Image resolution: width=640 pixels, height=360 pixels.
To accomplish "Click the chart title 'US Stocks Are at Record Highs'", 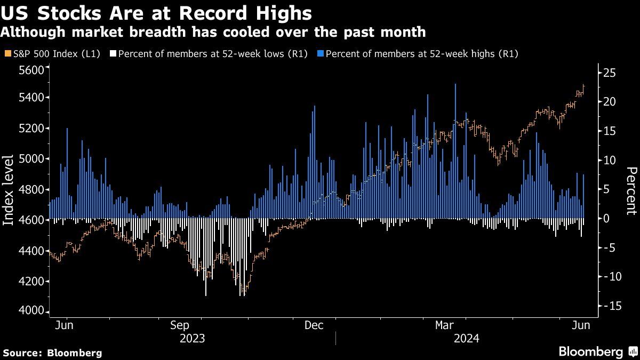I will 157,12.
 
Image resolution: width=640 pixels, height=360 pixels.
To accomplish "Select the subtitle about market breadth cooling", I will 213,32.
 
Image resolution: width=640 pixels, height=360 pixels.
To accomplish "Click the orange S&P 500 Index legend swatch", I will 6,53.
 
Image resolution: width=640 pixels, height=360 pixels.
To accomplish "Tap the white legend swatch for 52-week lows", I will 113,53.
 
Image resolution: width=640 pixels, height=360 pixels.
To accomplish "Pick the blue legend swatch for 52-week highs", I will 320,53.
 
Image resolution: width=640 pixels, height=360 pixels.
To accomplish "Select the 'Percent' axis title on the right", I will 631,190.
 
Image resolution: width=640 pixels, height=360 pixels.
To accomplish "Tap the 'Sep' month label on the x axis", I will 180,325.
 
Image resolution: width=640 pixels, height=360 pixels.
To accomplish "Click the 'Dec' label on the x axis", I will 314,325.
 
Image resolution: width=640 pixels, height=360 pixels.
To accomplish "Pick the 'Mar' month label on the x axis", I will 444,325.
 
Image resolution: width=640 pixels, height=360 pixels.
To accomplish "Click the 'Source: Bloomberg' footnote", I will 52,353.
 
